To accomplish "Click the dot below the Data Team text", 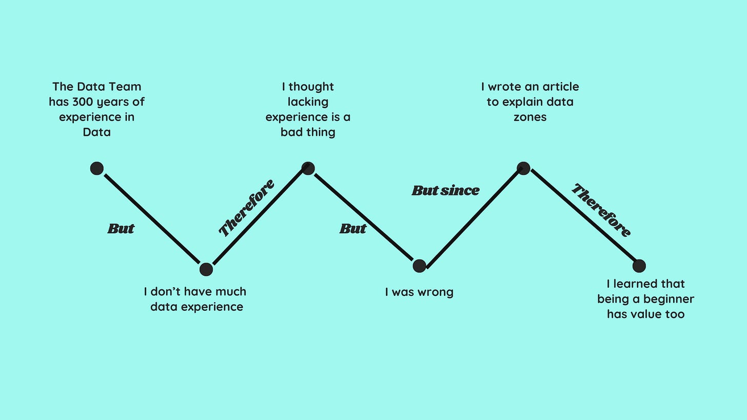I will [x=97, y=168].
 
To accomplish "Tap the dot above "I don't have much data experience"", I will [x=206, y=269].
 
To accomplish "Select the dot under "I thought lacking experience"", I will [x=308, y=168].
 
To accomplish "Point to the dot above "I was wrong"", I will [x=419, y=266].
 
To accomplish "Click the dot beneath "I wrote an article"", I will [x=523, y=168].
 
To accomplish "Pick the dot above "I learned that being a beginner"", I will [x=639, y=266].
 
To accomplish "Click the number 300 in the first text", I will [x=83, y=102].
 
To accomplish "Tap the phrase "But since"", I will [x=445, y=191].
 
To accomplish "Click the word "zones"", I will [x=530, y=117].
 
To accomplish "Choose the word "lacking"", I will [x=308, y=102].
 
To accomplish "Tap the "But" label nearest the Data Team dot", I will [x=121, y=229].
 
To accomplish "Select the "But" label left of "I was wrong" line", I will [x=353, y=229].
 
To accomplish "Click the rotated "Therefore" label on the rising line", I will [x=246, y=208].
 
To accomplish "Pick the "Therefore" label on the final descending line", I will [x=601, y=210].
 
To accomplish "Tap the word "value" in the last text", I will [x=646, y=314].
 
